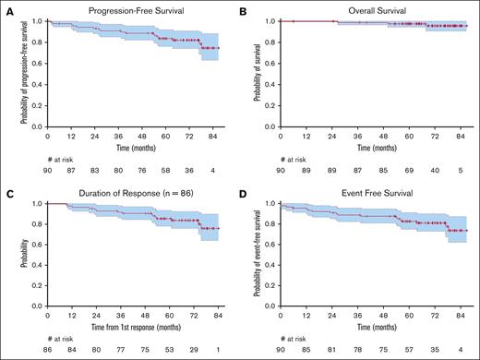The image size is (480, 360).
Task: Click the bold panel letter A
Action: pyautogui.click(x=6, y=8)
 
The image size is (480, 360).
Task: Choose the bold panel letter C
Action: pyautogui.click(x=6, y=190)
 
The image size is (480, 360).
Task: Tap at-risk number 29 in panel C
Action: pyautogui.click(x=192, y=351)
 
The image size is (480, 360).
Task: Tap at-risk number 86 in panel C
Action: pyautogui.click(x=47, y=351)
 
